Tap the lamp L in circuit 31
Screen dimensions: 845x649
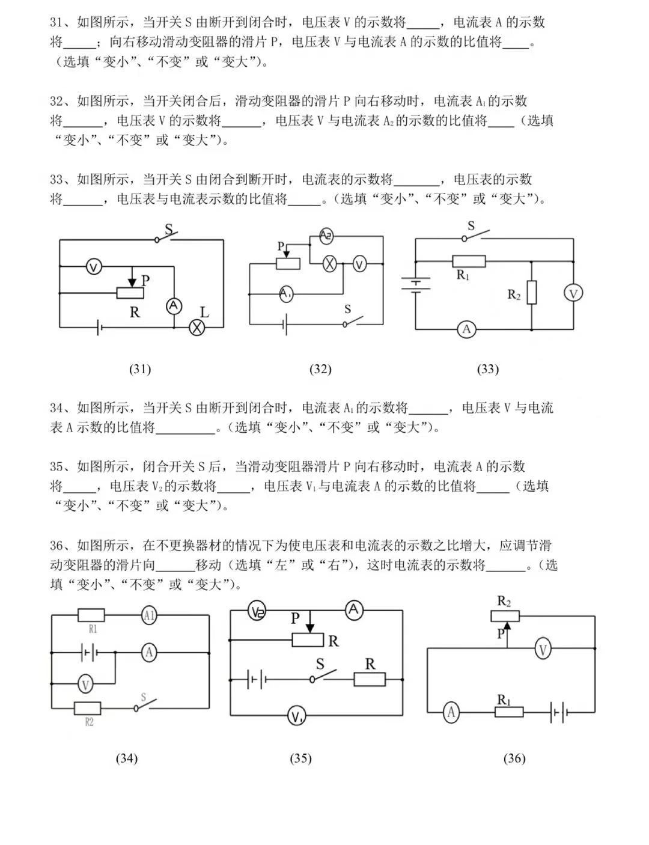tap(197, 327)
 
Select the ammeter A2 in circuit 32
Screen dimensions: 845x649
tap(326, 236)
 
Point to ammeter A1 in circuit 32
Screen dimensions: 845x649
tap(286, 294)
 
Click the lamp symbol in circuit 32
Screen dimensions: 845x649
tap(329, 264)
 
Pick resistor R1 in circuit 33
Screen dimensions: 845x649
tap(469, 261)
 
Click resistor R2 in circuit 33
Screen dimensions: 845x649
tap(532, 293)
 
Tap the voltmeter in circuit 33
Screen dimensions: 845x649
tap(573, 293)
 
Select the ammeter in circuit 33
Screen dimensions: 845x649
tap(466, 329)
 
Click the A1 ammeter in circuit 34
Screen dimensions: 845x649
tap(149, 615)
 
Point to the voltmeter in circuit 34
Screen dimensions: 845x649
tap(86, 683)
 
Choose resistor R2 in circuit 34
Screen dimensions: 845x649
tap(87, 708)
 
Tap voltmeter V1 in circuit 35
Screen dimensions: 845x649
tap(296, 716)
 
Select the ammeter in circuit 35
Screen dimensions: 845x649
tap(354, 611)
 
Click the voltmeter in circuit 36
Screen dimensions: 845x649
tap(543, 649)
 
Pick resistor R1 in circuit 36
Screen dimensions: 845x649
tap(509, 712)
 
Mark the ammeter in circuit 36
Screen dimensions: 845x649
tap(451, 713)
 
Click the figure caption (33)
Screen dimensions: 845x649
tap(487, 369)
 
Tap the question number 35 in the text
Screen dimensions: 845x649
tap(56, 466)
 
